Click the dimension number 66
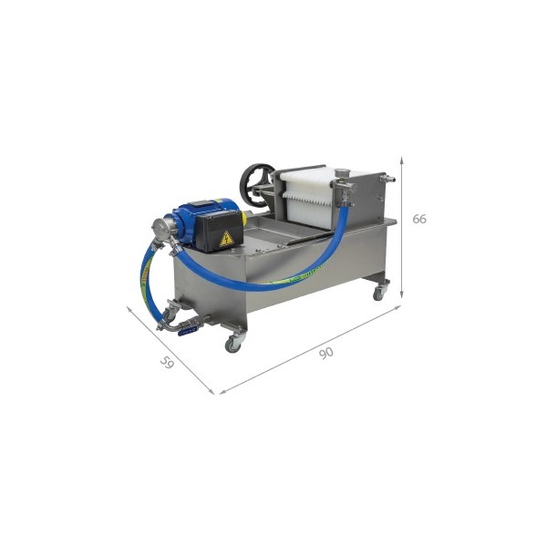[x=419, y=219]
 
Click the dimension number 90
[x=326, y=353]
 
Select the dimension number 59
[x=167, y=363]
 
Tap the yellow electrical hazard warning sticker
[x=226, y=239]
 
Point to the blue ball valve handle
[x=188, y=332]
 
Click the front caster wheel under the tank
[x=233, y=345]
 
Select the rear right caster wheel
[x=379, y=294]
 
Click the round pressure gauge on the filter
[x=339, y=172]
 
